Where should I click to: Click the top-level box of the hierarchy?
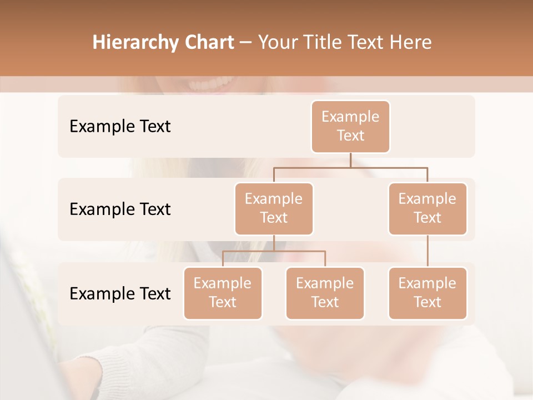coord(350,126)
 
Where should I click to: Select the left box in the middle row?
coord(274,208)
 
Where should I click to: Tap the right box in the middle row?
coord(428,208)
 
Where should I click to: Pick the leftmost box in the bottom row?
coord(223,293)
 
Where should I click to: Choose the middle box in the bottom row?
coord(325,293)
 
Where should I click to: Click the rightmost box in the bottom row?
coord(428,293)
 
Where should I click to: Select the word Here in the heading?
coord(411,43)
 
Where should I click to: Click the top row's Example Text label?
coord(120,127)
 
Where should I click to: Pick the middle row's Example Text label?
coord(120,209)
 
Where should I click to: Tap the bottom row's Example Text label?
coord(120,293)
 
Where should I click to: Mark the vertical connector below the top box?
coord(350,160)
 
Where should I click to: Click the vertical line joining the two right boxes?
coord(428,251)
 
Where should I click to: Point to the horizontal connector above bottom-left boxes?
coord(274,251)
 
